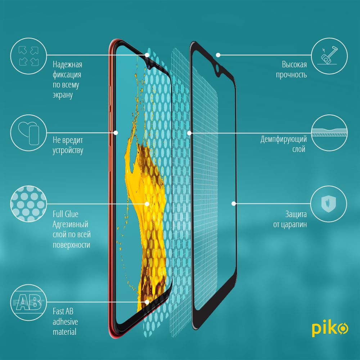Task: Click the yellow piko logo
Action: click(330, 328)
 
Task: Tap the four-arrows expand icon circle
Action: click(29, 56)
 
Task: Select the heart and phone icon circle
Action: click(29, 133)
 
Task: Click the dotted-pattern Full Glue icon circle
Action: click(29, 204)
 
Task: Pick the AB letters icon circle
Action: click(29, 302)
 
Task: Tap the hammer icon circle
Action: click(329, 56)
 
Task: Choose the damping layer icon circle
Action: click(329, 133)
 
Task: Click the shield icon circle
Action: click(329, 204)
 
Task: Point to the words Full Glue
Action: click(66, 214)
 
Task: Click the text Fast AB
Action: click(63, 311)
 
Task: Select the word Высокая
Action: click(294, 64)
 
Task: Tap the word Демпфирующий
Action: click(284, 139)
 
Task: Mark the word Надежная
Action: click(68, 64)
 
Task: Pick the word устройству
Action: click(68, 150)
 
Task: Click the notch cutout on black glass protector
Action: click(218, 68)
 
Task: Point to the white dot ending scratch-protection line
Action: click(234, 204)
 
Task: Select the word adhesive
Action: click(65, 321)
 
